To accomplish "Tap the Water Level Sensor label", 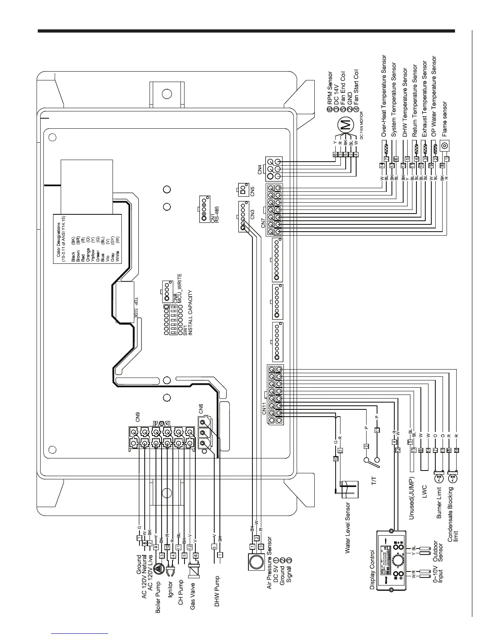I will pos(348,527).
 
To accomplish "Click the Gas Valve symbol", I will pos(195,570).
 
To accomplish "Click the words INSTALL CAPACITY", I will pos(191,312).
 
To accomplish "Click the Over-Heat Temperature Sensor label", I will pos(384,96).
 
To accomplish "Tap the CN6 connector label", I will pos(201,409).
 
